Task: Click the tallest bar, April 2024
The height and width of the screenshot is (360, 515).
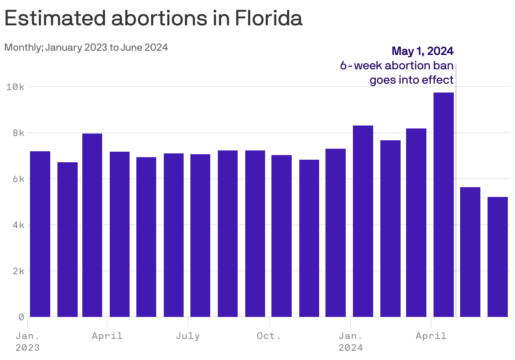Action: (443, 205)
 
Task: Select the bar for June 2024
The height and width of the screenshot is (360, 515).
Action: (497, 257)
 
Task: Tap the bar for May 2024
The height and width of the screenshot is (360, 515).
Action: (470, 252)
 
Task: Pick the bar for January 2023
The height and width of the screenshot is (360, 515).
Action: (40, 234)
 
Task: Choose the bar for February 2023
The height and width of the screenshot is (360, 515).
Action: (68, 240)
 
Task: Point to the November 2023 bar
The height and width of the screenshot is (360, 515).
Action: (309, 238)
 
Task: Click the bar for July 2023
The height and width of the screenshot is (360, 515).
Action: (200, 235)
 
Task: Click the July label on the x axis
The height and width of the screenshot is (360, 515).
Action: (188, 336)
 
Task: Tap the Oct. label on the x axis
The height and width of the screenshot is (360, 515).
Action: (269, 336)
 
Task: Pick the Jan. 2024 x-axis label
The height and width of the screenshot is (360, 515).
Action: (350, 342)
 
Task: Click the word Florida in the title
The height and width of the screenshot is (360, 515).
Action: (268, 19)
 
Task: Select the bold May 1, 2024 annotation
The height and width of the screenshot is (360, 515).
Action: (423, 51)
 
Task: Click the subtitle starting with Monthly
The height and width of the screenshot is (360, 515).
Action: (86, 47)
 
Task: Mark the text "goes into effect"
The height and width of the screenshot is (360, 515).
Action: (412, 80)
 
